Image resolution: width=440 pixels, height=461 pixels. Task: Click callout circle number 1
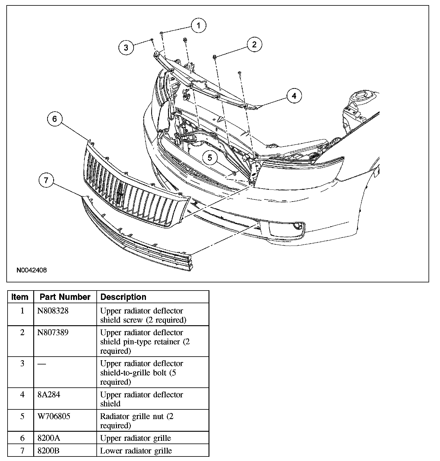198,26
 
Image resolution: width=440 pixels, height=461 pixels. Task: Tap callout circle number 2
254,45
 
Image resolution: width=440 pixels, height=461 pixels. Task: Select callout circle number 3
126,47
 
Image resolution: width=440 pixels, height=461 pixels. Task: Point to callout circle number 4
294,96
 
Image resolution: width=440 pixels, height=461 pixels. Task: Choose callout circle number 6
55,119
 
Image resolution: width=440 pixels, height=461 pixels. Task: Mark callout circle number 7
46,180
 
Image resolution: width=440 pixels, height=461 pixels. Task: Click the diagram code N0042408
32,270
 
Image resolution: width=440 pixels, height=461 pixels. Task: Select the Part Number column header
65,297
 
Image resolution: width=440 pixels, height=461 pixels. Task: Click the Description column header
123,297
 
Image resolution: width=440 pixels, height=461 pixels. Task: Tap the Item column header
20,297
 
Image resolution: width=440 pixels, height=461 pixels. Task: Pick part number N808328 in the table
53,311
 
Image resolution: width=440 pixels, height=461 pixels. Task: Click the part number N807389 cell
53,332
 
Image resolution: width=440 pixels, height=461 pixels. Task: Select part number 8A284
49,395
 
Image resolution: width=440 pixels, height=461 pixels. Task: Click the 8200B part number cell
48,451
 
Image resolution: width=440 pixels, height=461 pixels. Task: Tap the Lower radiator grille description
136,451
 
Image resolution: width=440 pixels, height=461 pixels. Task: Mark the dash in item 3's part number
42,364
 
